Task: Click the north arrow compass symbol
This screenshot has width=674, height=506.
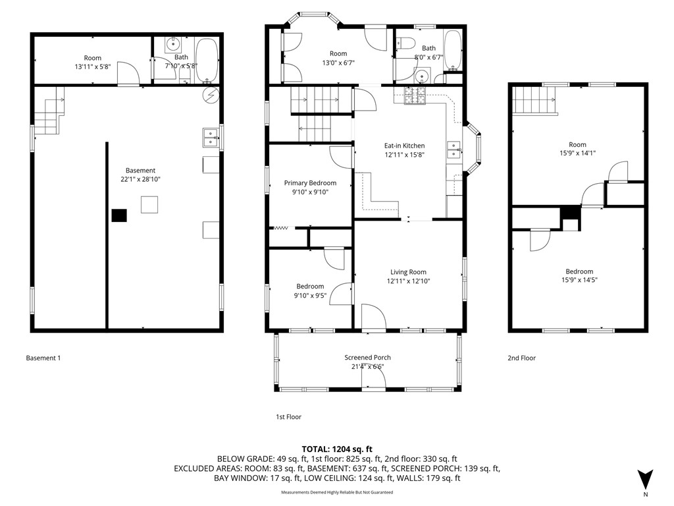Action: (x=646, y=478)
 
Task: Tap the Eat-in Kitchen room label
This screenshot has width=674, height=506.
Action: (x=404, y=146)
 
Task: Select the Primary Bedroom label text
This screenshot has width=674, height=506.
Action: (x=310, y=183)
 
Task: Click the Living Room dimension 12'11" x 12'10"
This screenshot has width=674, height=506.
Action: (x=408, y=281)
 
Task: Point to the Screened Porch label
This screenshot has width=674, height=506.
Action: (x=367, y=358)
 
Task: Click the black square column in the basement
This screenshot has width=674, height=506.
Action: (x=119, y=215)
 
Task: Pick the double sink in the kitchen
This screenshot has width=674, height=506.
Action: (x=454, y=150)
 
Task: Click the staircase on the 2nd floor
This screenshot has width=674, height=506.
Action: (x=534, y=100)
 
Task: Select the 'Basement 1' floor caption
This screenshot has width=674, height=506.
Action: (x=43, y=358)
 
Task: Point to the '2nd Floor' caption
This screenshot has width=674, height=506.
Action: (x=521, y=358)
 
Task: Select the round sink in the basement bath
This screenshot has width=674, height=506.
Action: (x=172, y=45)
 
